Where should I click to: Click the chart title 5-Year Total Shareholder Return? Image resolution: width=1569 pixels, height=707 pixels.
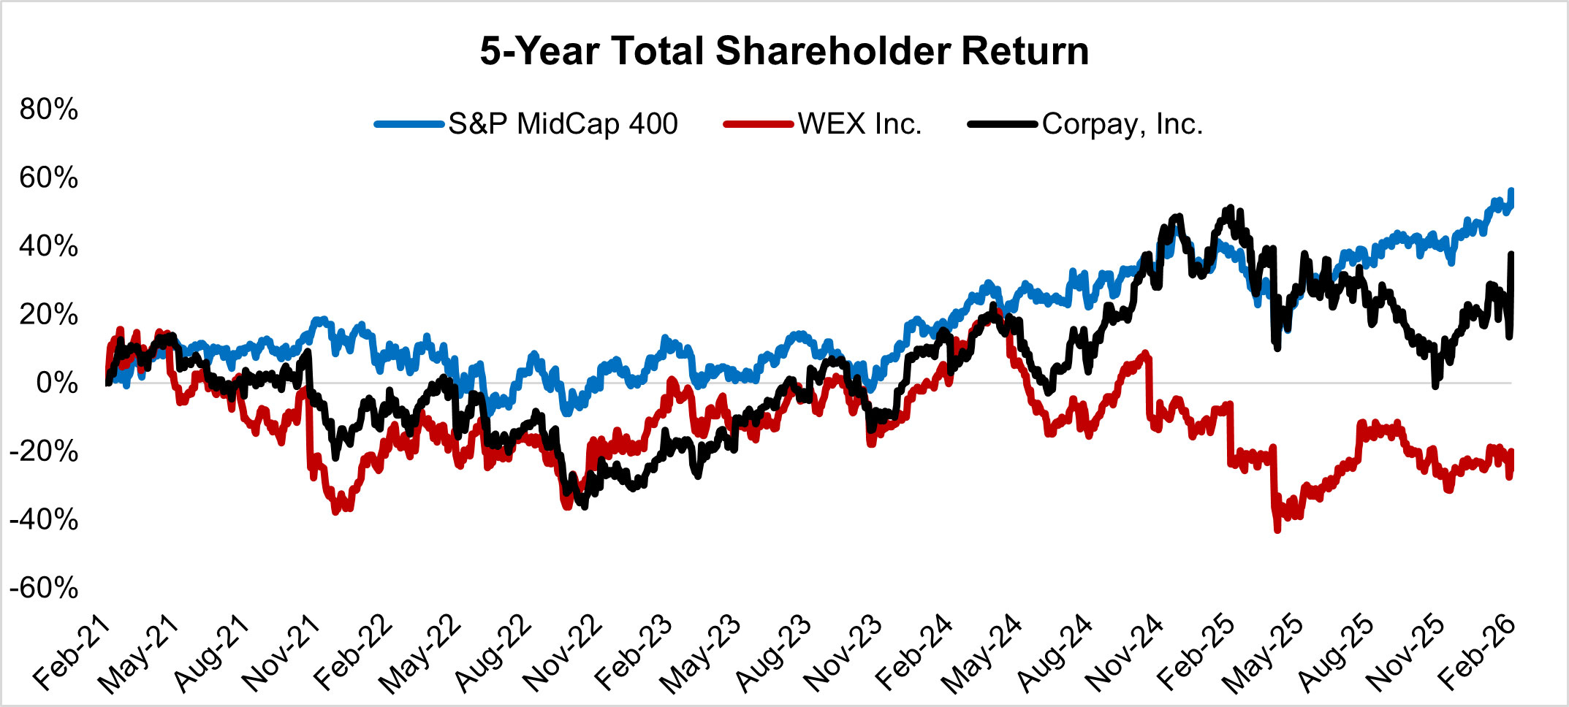(784, 51)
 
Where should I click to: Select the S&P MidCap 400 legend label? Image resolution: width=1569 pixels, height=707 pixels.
(563, 124)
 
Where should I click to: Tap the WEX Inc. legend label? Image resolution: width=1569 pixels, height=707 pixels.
(859, 124)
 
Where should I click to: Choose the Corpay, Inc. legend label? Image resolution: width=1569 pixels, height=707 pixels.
(1122, 124)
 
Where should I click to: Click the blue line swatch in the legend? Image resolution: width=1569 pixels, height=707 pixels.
(409, 124)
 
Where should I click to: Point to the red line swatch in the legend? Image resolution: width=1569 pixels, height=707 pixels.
(758, 124)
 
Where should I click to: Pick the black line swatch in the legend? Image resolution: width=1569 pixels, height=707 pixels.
(1002, 124)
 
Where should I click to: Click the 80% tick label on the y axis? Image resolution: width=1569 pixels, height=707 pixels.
(49, 110)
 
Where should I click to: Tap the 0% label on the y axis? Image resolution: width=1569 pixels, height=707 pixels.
(57, 383)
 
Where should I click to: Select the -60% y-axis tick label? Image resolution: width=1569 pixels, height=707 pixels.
(44, 588)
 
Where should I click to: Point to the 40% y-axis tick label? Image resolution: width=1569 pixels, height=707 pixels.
(49, 246)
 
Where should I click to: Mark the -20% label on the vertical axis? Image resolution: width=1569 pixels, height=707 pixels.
(44, 451)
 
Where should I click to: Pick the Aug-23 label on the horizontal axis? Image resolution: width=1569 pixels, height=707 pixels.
(773, 654)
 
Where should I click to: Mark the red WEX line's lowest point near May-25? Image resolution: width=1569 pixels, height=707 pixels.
(1277, 530)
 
